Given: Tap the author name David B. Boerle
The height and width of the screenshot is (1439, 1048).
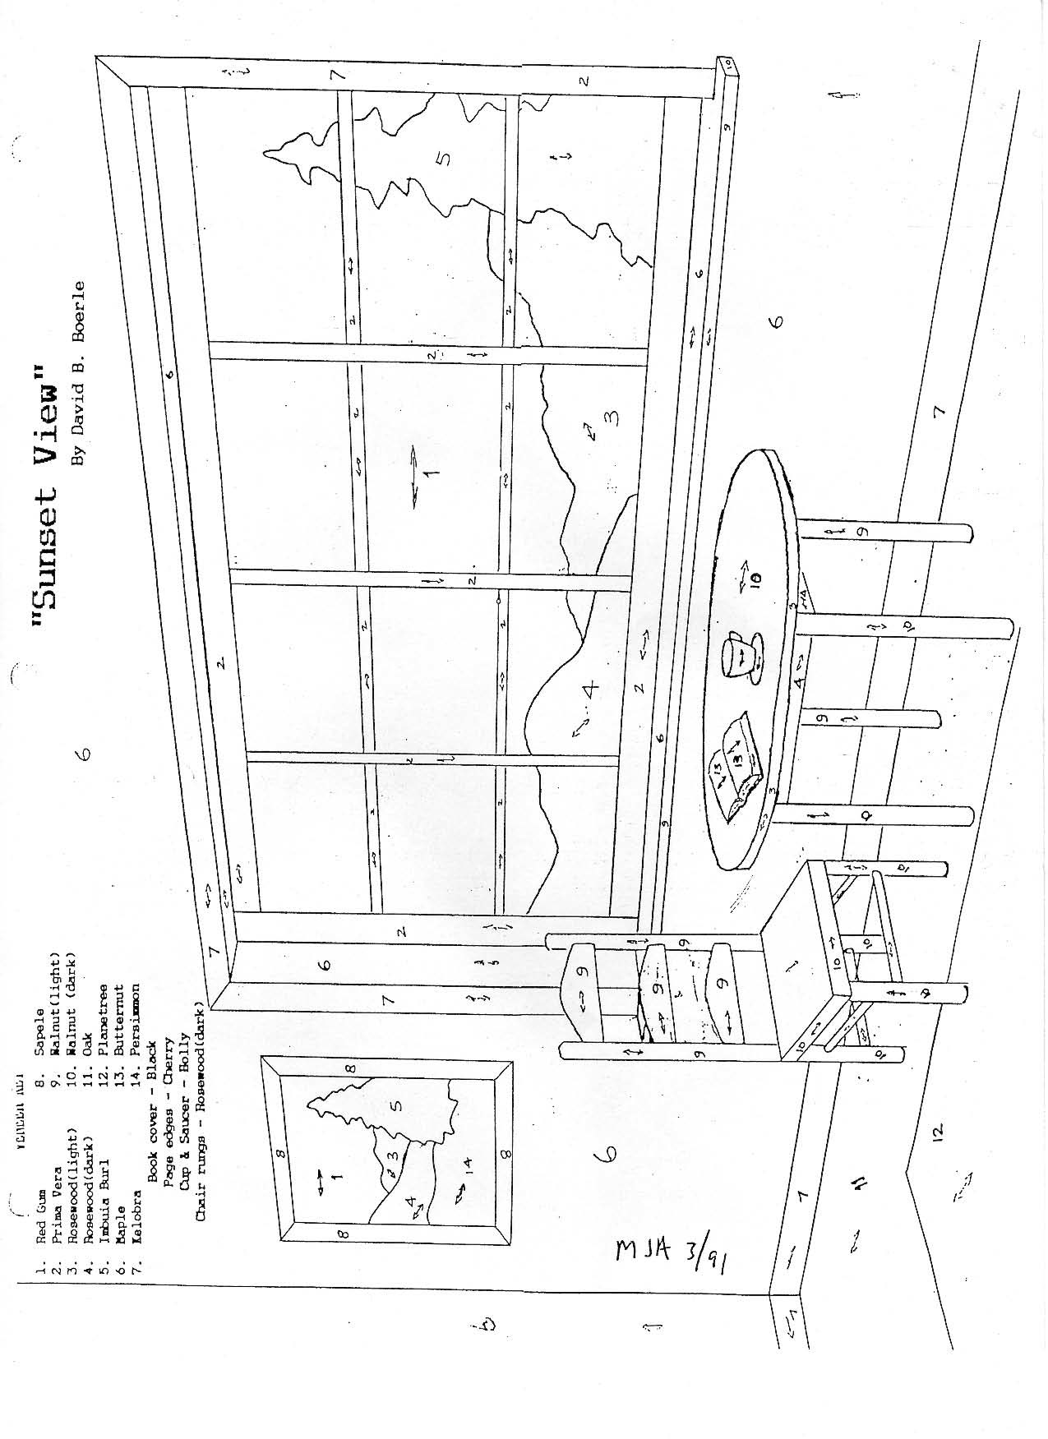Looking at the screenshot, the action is tap(79, 374).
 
